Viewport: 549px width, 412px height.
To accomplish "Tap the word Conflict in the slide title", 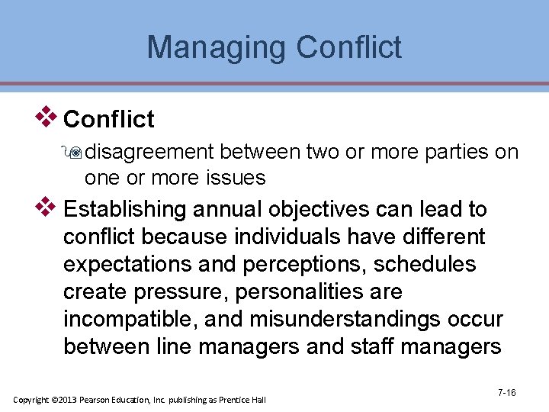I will pos(348,47).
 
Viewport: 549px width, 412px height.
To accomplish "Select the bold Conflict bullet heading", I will pos(109,119).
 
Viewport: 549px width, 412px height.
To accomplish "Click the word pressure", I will pos(180,291).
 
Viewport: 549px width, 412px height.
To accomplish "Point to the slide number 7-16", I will pos(506,393).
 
